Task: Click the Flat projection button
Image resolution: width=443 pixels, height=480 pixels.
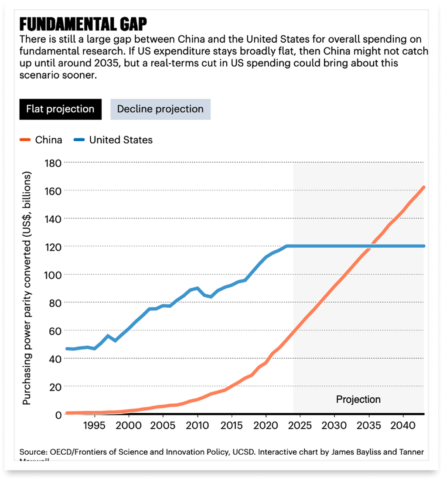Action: (x=60, y=109)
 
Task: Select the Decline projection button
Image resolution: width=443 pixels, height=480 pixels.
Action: (x=160, y=109)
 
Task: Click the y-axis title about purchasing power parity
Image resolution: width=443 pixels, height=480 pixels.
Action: (x=27, y=288)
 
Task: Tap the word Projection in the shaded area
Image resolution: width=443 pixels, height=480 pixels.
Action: (x=358, y=399)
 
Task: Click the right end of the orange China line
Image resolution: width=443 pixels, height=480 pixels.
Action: (x=423, y=187)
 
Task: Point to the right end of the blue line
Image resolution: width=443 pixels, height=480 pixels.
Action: (x=423, y=246)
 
